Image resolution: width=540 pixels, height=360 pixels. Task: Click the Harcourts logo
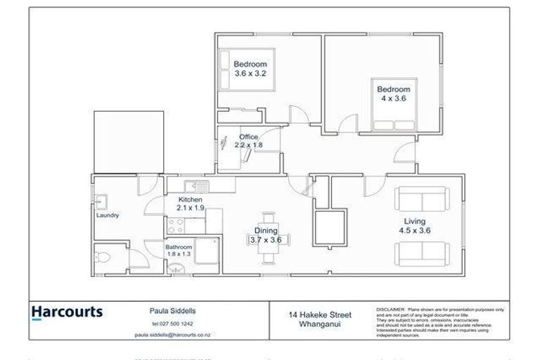click(67, 311)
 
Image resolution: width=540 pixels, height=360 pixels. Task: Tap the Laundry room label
click(108, 215)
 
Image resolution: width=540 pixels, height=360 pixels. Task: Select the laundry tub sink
click(101, 201)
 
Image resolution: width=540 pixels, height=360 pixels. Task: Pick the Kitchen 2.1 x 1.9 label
click(190, 204)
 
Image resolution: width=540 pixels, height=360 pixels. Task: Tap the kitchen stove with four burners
click(176, 226)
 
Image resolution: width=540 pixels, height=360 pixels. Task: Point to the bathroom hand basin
click(176, 266)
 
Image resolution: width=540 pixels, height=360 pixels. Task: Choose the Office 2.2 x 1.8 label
click(248, 141)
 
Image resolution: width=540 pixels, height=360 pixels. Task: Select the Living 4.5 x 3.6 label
click(415, 226)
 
